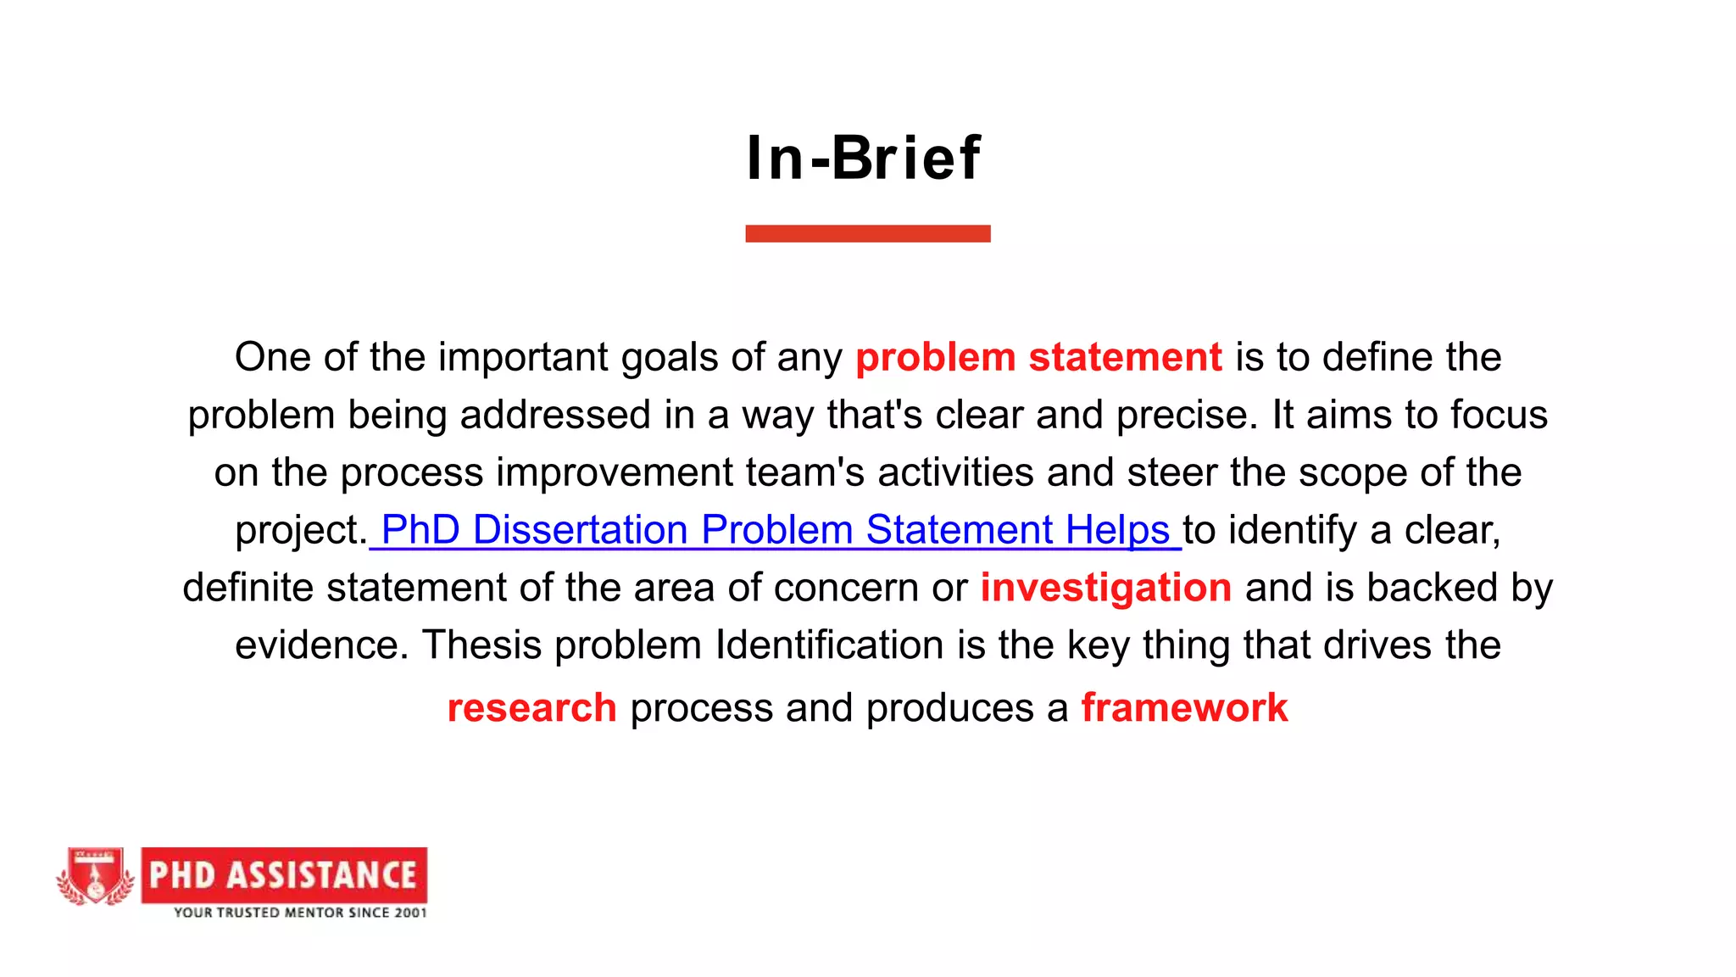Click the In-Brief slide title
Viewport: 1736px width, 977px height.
tap(864, 159)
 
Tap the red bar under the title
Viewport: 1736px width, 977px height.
tap(867, 233)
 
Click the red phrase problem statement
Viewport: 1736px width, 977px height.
tap(1038, 357)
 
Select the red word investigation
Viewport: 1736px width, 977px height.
tap(1105, 588)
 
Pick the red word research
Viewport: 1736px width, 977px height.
tap(531, 708)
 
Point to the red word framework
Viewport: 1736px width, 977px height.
tap(1184, 708)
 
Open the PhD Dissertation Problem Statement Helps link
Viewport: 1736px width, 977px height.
tap(775, 530)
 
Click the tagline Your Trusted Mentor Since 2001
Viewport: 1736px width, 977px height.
tap(300, 913)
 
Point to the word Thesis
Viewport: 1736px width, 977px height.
tap(480, 645)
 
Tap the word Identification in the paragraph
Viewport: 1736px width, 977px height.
tap(829, 645)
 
